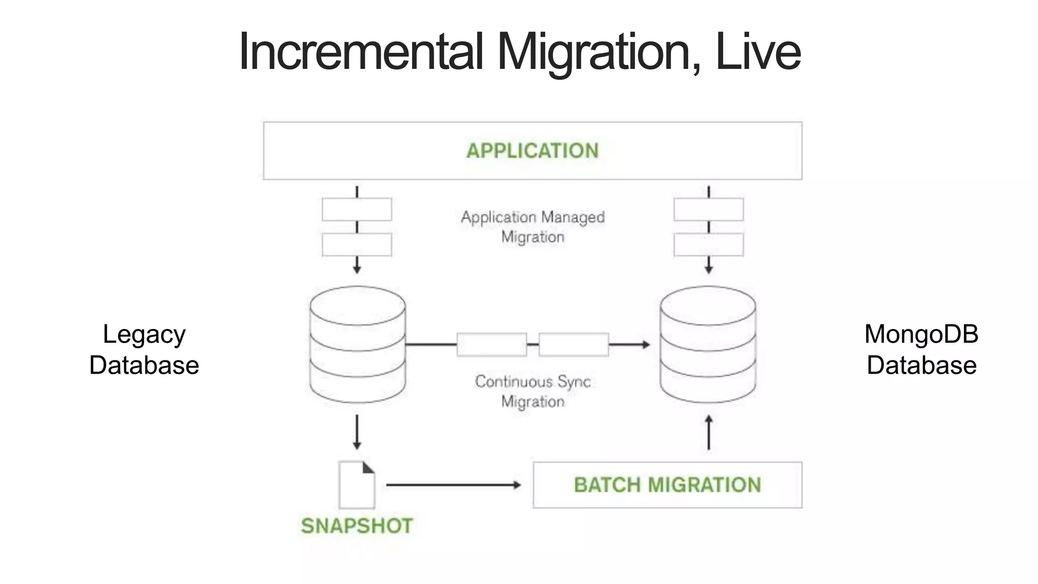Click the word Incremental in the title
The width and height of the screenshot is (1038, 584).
click(x=361, y=52)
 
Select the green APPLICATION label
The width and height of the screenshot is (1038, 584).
click(x=532, y=151)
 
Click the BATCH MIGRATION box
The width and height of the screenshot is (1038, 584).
click(x=667, y=485)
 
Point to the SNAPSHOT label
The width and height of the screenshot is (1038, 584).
click(x=357, y=526)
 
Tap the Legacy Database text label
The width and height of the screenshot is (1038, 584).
click(x=144, y=350)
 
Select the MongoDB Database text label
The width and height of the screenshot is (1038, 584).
click(x=921, y=350)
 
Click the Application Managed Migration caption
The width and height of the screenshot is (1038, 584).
click(x=533, y=227)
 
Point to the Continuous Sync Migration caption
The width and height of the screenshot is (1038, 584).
click(x=533, y=391)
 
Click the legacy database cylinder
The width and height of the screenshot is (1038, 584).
click(x=357, y=345)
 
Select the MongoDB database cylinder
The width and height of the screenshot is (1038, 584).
click(x=708, y=345)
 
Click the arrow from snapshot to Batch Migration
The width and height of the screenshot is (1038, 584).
click(x=453, y=485)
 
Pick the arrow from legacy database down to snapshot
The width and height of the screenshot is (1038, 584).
click(x=357, y=432)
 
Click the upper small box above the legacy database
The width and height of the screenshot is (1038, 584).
click(x=357, y=209)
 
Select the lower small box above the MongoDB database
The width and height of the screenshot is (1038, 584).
click(x=709, y=245)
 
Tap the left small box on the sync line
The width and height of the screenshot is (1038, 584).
click(x=492, y=345)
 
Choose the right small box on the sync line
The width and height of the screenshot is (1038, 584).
click(x=573, y=345)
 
